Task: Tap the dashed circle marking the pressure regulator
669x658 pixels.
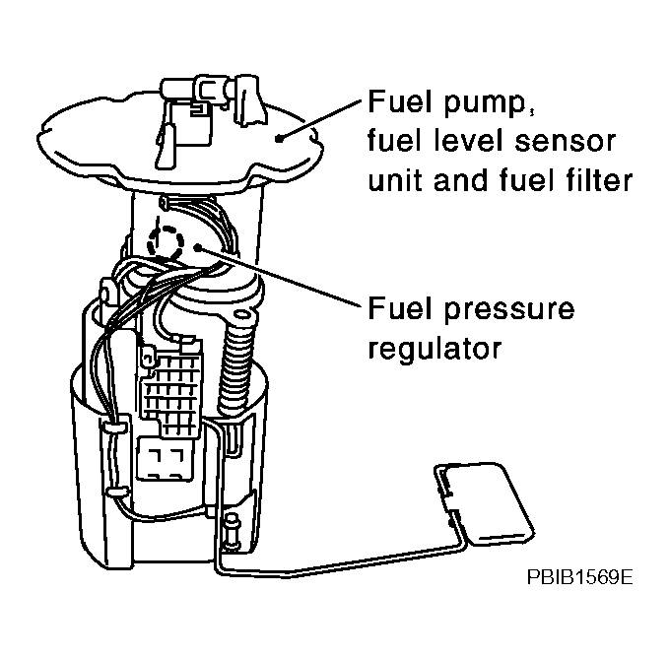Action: (x=165, y=240)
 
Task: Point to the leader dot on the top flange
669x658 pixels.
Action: (x=281, y=138)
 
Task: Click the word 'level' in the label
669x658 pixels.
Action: (x=467, y=143)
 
